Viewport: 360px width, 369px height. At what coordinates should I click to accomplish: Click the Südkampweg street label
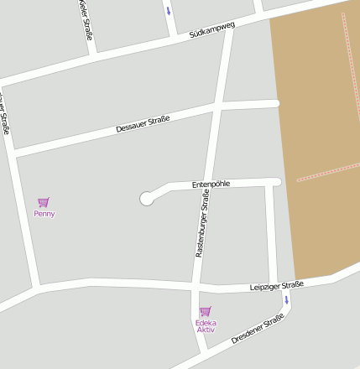(212, 31)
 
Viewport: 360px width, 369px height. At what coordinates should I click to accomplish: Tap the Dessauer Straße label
(143, 123)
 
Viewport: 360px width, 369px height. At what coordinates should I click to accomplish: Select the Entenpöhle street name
(211, 184)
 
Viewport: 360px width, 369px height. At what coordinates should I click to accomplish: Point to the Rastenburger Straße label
(202, 222)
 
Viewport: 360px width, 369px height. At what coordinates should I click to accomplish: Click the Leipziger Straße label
(276, 286)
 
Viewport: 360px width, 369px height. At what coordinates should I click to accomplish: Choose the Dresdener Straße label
(258, 329)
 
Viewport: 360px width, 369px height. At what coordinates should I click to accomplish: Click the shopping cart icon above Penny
(43, 202)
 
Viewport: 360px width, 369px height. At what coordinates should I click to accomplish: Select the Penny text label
(44, 214)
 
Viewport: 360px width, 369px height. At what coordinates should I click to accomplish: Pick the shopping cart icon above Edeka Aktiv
(205, 311)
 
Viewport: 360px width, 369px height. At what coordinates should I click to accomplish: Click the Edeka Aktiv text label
(206, 326)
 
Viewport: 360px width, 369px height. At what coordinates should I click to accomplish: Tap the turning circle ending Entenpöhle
(147, 198)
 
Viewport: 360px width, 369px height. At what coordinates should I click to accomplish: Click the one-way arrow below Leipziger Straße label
(286, 299)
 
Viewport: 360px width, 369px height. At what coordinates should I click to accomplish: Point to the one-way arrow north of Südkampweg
(169, 11)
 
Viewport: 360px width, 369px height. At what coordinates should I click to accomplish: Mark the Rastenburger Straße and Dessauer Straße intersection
(217, 107)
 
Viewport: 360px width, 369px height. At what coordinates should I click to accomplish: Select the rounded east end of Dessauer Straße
(274, 103)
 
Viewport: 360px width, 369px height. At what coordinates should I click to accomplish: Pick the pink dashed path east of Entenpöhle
(327, 172)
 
